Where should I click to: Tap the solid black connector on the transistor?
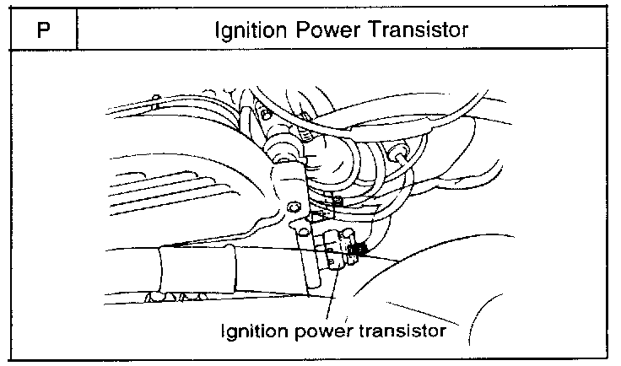tap(359, 249)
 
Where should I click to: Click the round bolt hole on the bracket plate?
tap(293, 207)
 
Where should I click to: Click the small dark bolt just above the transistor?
tap(337, 201)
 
